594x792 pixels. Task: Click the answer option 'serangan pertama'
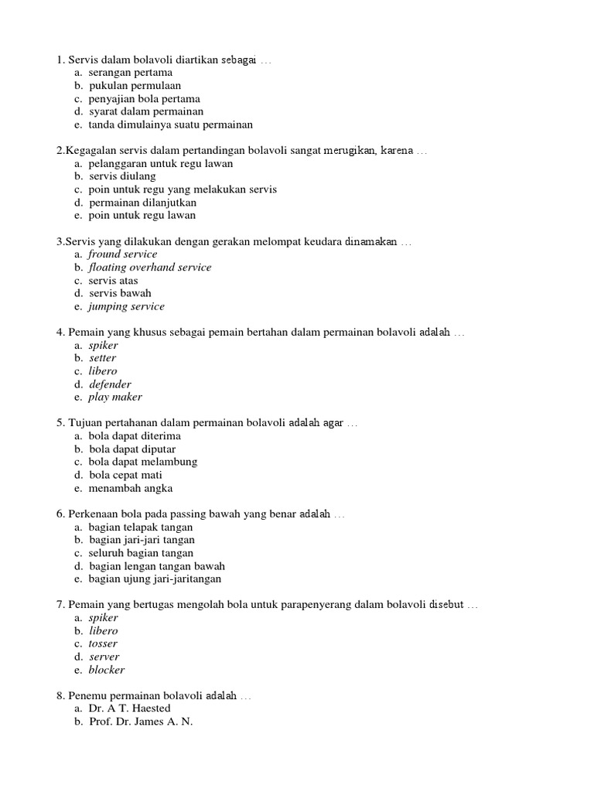click(x=130, y=73)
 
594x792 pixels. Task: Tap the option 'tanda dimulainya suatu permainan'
click(x=170, y=125)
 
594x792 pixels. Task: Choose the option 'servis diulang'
click(x=122, y=176)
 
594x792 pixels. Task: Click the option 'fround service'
click(x=122, y=254)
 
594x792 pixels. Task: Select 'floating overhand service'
click(x=149, y=268)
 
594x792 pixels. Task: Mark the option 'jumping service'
click(x=126, y=307)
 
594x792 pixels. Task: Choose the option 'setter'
click(x=102, y=358)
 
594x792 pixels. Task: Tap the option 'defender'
click(x=110, y=384)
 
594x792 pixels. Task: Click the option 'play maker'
click(x=115, y=398)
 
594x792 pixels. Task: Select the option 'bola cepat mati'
click(x=125, y=475)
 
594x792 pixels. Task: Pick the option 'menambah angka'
click(x=130, y=488)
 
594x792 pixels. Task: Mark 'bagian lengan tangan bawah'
click(x=157, y=566)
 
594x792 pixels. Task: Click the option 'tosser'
click(x=103, y=643)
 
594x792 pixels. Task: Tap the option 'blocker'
click(x=106, y=670)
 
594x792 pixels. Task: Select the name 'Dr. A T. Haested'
click(x=129, y=708)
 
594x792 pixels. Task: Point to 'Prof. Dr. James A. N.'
click(x=141, y=722)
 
